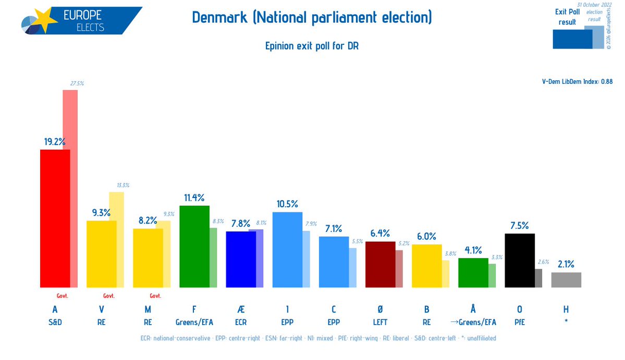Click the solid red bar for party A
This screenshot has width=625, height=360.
coord(55,218)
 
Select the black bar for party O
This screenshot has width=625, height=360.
coord(520,260)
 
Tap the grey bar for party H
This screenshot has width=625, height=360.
coord(566,280)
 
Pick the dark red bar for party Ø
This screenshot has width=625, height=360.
coord(380,264)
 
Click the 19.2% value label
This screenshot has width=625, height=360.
coord(54,141)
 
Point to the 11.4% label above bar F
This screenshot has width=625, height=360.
coord(194,197)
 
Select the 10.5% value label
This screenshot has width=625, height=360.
coord(287,204)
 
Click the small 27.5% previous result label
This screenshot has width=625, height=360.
coord(77,83)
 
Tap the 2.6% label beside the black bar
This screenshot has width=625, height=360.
coord(542,262)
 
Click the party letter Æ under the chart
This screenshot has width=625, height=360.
coord(240,309)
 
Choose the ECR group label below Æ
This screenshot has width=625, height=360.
coord(240,322)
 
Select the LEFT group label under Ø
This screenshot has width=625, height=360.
coord(380,322)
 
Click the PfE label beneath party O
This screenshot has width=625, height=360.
coord(520,322)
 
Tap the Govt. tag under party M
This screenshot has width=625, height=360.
coord(155,296)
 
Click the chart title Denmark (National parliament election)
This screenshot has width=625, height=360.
coord(312,18)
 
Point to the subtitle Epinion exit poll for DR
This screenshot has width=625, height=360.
coord(312,46)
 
